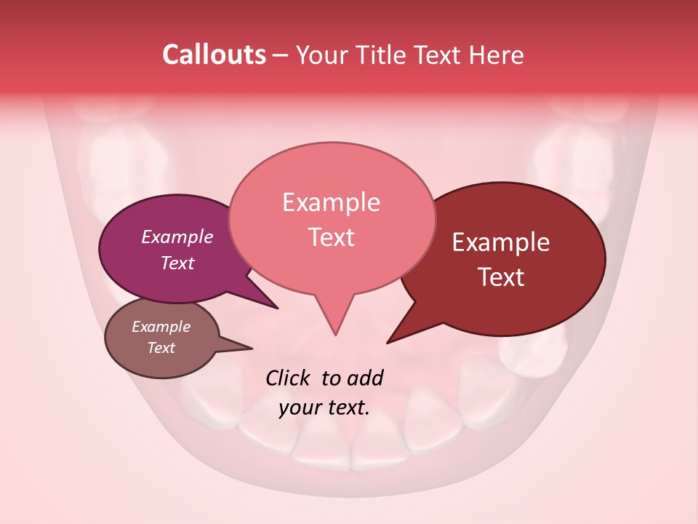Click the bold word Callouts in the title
[x=214, y=55]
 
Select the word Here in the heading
[x=497, y=55]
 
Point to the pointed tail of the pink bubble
[x=335, y=333]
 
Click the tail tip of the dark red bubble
[x=388, y=342]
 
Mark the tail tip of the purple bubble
[x=276, y=308]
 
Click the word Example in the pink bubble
[x=331, y=202]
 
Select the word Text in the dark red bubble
[x=501, y=277]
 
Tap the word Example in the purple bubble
[x=177, y=237]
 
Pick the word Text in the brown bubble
[x=161, y=348]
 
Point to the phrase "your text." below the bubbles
[x=324, y=408]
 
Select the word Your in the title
[x=324, y=55]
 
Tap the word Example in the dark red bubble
[x=501, y=242]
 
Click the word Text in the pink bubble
[x=331, y=237]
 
